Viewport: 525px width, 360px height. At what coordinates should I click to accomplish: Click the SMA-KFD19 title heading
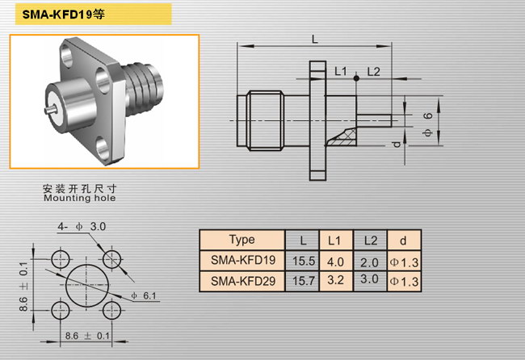coord(64,15)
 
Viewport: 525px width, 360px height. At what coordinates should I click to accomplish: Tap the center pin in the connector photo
coord(51,110)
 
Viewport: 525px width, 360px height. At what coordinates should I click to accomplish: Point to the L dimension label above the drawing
coord(315,40)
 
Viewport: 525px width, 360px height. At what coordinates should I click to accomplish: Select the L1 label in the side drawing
coord(341,71)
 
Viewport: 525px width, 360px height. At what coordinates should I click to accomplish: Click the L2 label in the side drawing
coord(373,71)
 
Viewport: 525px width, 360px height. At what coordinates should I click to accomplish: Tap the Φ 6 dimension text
coord(427,124)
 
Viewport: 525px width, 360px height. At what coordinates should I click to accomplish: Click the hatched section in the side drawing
coord(342,137)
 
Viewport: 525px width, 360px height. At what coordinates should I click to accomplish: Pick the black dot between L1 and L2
coord(356,78)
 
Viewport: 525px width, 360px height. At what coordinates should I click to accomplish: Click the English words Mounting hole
coord(80,198)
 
